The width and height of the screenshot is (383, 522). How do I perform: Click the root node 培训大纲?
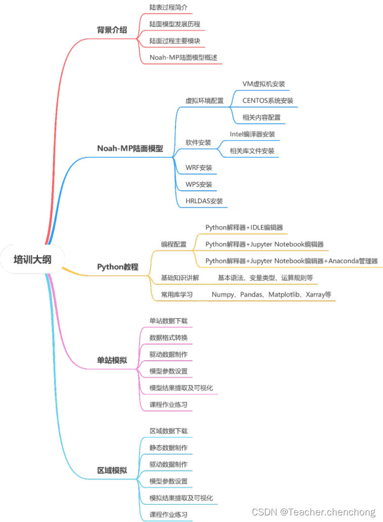click(x=32, y=259)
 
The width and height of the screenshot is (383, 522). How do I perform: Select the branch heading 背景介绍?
click(x=112, y=30)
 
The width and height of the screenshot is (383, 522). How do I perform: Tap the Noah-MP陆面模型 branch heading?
click(x=130, y=148)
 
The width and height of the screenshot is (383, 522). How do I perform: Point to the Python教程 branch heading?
click(x=118, y=267)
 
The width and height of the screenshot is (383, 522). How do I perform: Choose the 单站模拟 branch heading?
click(x=112, y=361)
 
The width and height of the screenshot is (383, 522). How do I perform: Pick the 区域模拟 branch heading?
click(x=112, y=470)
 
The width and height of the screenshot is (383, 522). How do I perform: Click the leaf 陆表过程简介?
click(x=168, y=8)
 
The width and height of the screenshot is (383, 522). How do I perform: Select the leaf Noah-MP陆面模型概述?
click(x=183, y=57)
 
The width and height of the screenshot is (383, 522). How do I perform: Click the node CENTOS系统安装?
click(x=267, y=101)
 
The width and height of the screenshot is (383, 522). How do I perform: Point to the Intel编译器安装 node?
click(x=252, y=134)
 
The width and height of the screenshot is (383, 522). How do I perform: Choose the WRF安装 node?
click(x=199, y=167)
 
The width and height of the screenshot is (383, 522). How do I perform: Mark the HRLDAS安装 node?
click(x=204, y=201)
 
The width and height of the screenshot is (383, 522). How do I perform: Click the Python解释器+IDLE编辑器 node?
click(x=244, y=228)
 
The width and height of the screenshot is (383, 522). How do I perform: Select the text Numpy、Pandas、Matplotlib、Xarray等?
click(x=272, y=294)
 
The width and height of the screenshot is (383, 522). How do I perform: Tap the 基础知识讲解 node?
click(x=180, y=278)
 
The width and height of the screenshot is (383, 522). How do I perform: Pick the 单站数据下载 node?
click(x=168, y=321)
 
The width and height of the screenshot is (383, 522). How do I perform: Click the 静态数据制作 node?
click(x=168, y=448)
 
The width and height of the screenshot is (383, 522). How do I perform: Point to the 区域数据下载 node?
click(x=168, y=431)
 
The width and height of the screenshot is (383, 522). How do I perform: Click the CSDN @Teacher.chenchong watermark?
click(x=314, y=512)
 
